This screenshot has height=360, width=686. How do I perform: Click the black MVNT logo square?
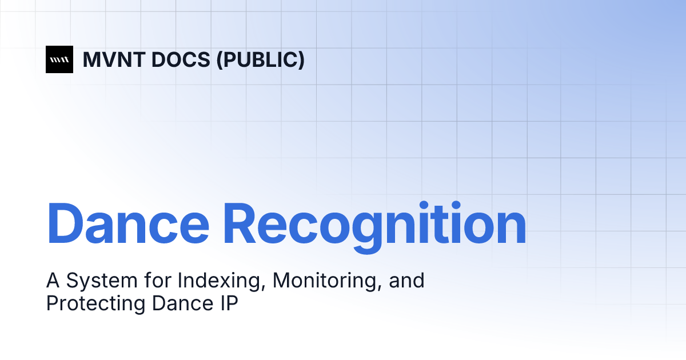(x=59, y=59)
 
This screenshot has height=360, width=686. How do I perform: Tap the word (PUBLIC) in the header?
(x=260, y=59)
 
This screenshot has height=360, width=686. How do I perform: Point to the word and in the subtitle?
(x=408, y=281)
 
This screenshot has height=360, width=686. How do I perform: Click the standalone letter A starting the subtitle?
(x=53, y=281)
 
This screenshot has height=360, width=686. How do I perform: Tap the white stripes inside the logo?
(x=59, y=59)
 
